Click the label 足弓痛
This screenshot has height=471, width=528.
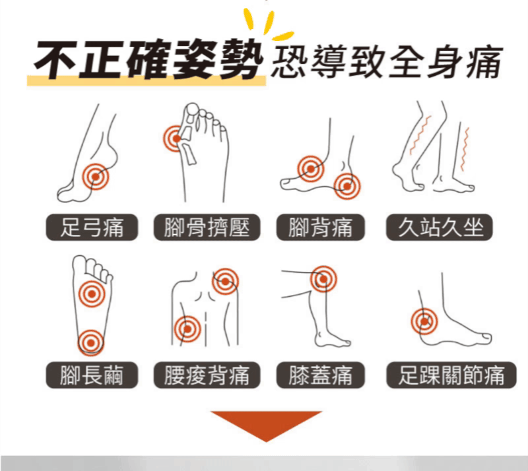tap(92, 227)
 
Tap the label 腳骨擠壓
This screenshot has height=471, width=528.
tap(207, 227)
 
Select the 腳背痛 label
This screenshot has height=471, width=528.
tap(320, 227)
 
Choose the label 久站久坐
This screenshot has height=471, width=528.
tap(439, 227)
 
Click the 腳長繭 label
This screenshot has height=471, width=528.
tap(92, 375)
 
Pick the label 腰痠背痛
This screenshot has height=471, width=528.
tap(207, 375)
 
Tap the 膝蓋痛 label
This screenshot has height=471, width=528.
tap(320, 375)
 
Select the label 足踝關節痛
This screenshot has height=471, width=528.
tap(451, 375)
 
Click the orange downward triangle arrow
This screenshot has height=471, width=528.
tap(266, 425)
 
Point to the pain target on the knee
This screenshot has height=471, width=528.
tap(323, 279)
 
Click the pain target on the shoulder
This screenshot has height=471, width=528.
tap(225, 282)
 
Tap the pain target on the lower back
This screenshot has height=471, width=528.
tap(187, 329)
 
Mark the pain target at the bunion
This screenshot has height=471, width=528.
tap(176, 139)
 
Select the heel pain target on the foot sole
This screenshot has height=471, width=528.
tap(90, 343)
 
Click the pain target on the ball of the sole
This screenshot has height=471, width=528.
tap(91, 294)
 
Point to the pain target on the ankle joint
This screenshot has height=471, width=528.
tap(424, 321)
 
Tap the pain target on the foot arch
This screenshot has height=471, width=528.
tap(96, 176)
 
